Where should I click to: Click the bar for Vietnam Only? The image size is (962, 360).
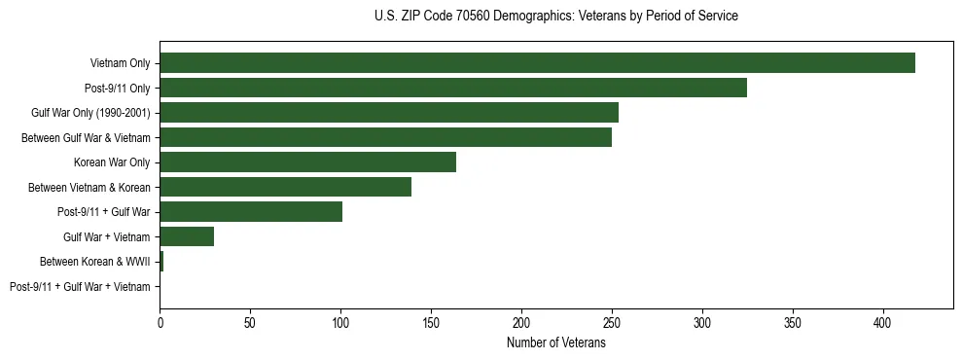tap(537, 63)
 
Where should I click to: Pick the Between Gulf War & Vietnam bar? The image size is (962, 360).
tap(385, 137)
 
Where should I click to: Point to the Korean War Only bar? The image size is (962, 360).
tap(307, 162)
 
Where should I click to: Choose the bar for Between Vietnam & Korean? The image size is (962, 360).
tap(285, 187)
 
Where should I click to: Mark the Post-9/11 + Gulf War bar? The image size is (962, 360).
tap(251, 212)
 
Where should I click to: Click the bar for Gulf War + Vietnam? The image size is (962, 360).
tap(187, 236)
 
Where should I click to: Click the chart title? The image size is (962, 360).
tap(555, 17)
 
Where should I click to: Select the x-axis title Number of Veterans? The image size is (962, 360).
tap(555, 342)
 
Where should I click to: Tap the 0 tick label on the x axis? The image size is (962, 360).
tap(160, 322)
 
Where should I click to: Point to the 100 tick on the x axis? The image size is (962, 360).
tap(340, 322)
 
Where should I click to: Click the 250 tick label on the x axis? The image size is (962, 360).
tap(612, 322)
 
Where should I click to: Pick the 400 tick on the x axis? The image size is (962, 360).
tap(883, 322)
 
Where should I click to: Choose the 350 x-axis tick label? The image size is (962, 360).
tap(793, 322)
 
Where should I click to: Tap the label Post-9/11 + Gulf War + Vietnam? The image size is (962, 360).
tap(80, 287)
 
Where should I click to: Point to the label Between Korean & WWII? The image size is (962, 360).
tap(94, 262)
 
